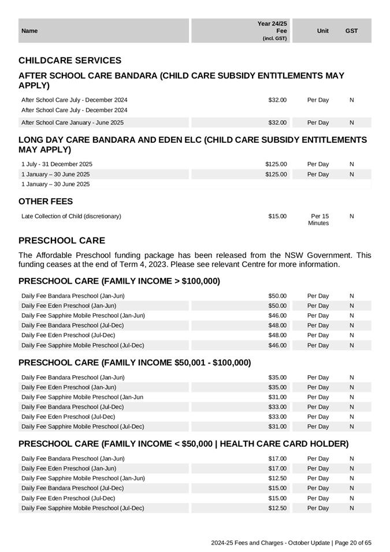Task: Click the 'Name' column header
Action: (x=29, y=31)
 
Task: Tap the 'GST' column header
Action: (x=351, y=31)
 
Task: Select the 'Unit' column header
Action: (x=323, y=31)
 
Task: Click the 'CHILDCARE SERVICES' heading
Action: (x=70, y=61)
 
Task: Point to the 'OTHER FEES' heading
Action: (x=46, y=202)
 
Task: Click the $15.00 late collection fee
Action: (x=277, y=216)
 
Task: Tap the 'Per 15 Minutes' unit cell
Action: (x=318, y=220)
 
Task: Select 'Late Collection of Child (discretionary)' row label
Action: (x=71, y=216)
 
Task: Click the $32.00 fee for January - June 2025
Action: (x=277, y=123)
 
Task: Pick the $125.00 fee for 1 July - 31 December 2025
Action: (x=276, y=164)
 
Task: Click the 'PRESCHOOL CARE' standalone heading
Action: (x=62, y=240)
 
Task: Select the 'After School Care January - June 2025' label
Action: (x=72, y=123)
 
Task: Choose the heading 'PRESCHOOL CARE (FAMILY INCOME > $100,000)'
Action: (x=119, y=281)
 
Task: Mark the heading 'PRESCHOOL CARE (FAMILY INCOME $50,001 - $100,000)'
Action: (x=135, y=363)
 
